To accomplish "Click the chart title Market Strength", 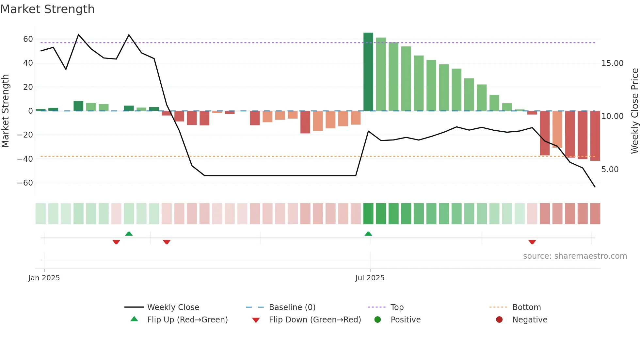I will click(x=47, y=9).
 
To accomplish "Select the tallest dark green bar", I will click(x=368, y=72).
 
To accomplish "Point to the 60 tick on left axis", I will click(x=28, y=39).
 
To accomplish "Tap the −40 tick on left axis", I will click(x=25, y=159).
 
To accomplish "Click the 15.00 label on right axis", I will click(x=612, y=63).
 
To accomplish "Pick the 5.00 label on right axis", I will click(x=610, y=170).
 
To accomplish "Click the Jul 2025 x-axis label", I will click(x=370, y=278).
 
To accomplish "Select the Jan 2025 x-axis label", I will click(x=44, y=278).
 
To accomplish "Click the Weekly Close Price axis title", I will click(x=634, y=111).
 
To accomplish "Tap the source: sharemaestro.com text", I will click(x=575, y=256).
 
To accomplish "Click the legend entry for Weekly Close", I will click(x=173, y=307).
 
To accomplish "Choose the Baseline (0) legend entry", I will click(x=292, y=307).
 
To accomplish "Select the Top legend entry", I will click(x=397, y=307).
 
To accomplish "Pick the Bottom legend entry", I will click(x=526, y=307).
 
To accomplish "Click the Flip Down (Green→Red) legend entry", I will click(x=314, y=320).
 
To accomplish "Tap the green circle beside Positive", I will click(x=377, y=320).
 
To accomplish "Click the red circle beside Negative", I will click(x=499, y=320).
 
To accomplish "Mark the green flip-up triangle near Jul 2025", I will click(x=368, y=234).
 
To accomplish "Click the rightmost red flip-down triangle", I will click(x=532, y=242).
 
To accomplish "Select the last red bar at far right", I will click(x=595, y=136).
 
